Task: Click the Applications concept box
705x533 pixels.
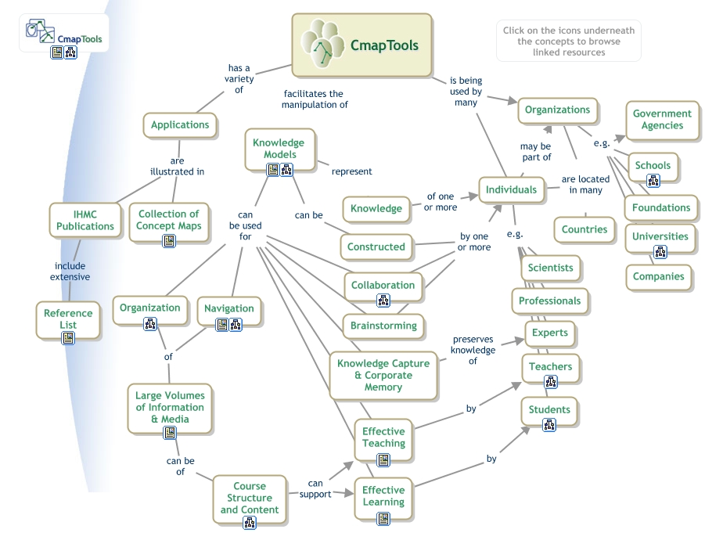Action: [180, 124]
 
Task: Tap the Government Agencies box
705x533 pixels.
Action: [662, 120]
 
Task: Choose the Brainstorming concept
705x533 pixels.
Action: [383, 326]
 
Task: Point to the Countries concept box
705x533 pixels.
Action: [584, 229]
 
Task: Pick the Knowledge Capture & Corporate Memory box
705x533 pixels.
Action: [383, 375]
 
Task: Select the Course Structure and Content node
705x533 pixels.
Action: [250, 498]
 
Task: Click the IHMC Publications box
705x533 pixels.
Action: [85, 220]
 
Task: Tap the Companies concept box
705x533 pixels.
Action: [658, 276]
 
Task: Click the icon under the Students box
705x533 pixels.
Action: [549, 425]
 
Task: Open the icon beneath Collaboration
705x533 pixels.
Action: [383, 300]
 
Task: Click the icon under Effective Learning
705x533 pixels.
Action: [383, 517]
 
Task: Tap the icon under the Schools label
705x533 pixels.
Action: [653, 181]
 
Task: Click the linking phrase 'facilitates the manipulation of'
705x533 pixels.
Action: [315, 99]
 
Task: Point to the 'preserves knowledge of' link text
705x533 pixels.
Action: [473, 350]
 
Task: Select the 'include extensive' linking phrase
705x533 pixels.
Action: [70, 272]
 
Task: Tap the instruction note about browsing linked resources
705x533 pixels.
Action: [569, 41]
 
